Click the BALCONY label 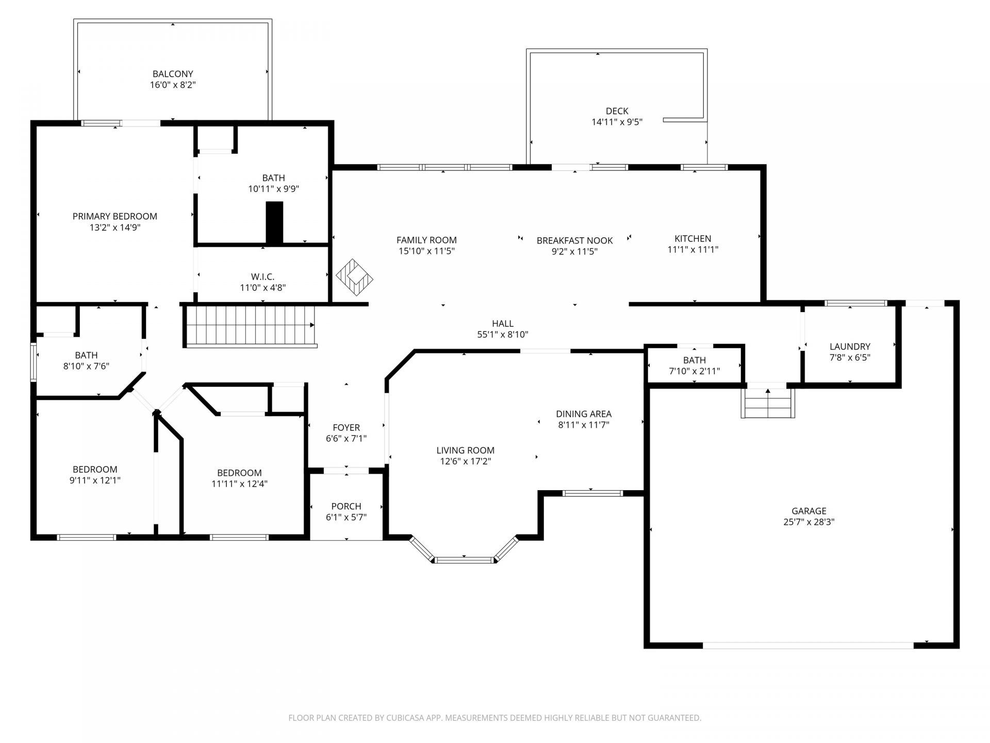point(173,74)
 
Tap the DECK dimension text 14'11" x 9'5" point(617,122)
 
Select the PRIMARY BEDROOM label point(114,216)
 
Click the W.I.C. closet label point(263,277)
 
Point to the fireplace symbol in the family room point(355,277)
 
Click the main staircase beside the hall point(251,326)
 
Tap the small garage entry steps point(768,402)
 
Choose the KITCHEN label point(692,238)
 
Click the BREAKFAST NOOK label point(574,240)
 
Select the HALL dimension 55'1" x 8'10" point(503,334)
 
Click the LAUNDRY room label point(850,346)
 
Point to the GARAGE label point(808,511)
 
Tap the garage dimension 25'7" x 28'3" point(808,522)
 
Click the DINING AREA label point(584,414)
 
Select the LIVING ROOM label point(465,450)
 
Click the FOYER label point(346,428)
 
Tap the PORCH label point(346,506)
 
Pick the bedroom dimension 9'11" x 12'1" point(95,480)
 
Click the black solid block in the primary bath point(274,222)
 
